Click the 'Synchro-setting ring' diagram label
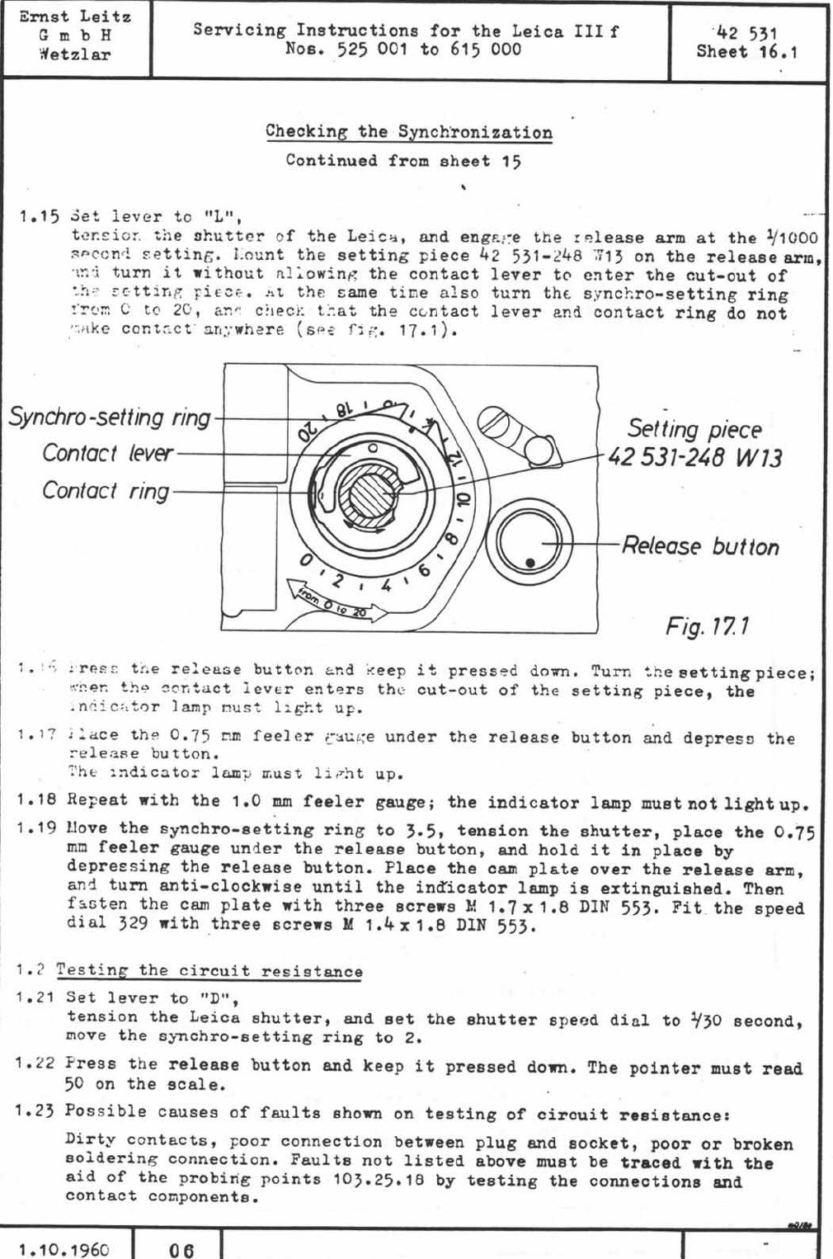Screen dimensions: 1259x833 [x=110, y=417]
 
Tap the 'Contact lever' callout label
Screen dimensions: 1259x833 [x=107, y=454]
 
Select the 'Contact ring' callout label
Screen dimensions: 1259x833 [x=105, y=491]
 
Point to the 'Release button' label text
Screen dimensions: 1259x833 [x=699, y=546]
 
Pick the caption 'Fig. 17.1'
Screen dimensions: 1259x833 [x=707, y=626]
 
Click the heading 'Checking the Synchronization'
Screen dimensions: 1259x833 [x=408, y=132]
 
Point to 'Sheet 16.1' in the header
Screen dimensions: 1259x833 [x=746, y=52]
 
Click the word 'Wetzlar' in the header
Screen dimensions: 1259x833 [x=74, y=55]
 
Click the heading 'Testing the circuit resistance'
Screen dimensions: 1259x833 [x=209, y=971]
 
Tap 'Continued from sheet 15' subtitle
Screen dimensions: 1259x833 [x=403, y=161]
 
